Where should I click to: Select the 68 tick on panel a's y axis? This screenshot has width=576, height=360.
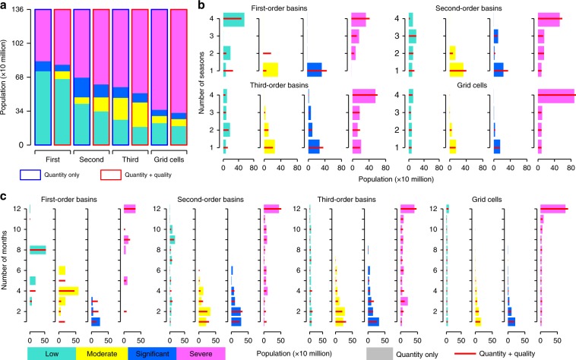coord(27,77)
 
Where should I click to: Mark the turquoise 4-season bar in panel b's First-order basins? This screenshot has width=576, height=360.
coord(233,19)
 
